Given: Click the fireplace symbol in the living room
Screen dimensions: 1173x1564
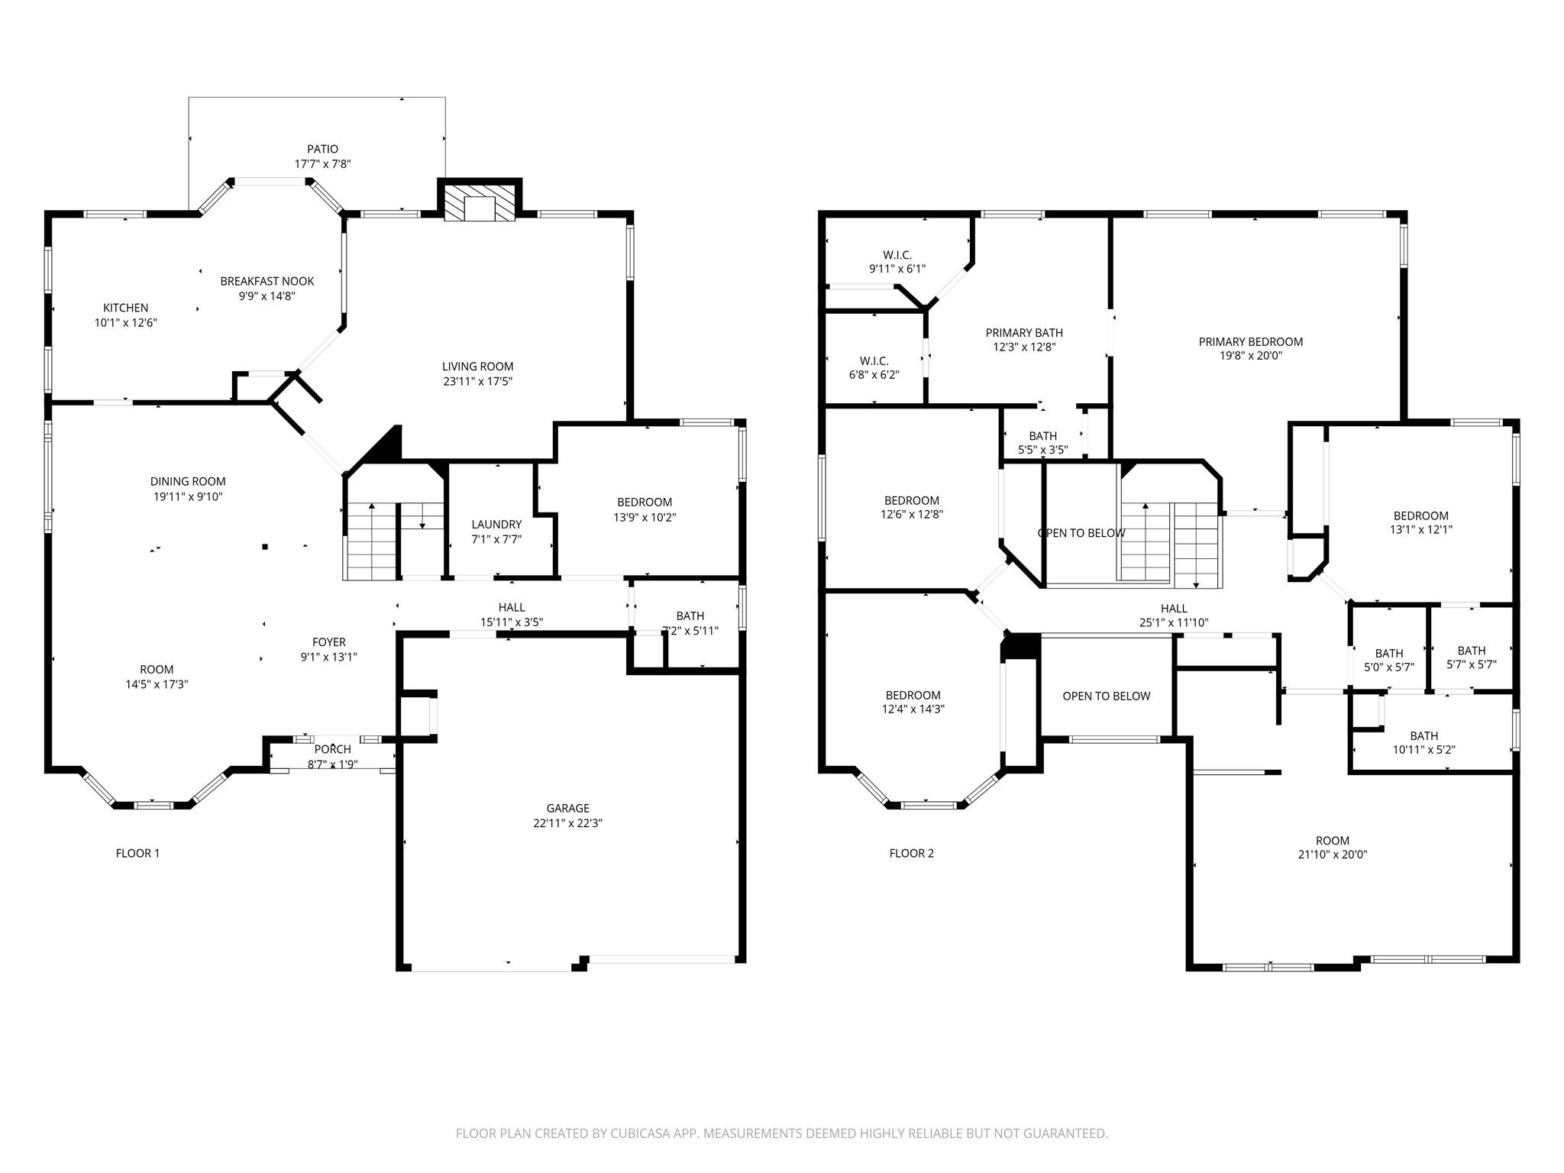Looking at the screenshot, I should pyautogui.click(x=480, y=203).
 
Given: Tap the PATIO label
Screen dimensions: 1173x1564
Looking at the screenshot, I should pyautogui.click(x=322, y=149).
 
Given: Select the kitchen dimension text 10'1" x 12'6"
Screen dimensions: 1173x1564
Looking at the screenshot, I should pyautogui.click(x=126, y=323).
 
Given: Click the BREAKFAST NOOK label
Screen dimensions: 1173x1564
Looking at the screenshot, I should pyautogui.click(x=267, y=281).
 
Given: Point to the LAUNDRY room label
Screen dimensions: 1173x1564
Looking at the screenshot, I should pyautogui.click(x=496, y=524).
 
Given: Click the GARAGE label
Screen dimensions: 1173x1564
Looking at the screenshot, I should pyautogui.click(x=567, y=808).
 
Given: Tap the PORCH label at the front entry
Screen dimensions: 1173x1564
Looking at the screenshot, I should pyautogui.click(x=333, y=749).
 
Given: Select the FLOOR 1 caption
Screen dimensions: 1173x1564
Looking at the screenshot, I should pyautogui.click(x=137, y=853).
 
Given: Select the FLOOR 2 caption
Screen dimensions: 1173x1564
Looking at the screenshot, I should pyautogui.click(x=911, y=853).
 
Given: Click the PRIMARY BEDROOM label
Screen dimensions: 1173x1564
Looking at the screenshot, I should pyautogui.click(x=1250, y=341).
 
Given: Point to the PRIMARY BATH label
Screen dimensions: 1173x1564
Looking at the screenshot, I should pyautogui.click(x=1023, y=332).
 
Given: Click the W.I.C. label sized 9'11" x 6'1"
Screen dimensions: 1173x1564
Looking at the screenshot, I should pyautogui.click(x=897, y=255).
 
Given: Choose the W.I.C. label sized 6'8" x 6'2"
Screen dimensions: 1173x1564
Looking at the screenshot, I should pyautogui.click(x=874, y=360).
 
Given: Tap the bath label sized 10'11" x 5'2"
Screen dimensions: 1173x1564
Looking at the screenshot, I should pyautogui.click(x=1423, y=735).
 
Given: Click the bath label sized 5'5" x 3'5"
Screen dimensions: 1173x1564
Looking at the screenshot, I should pyautogui.click(x=1042, y=436).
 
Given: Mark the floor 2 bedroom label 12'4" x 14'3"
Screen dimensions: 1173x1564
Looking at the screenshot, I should pyautogui.click(x=913, y=695).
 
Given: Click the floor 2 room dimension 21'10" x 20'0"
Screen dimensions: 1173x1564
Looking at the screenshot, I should pyautogui.click(x=1333, y=855).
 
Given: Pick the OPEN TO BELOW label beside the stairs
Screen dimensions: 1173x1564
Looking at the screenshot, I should pyautogui.click(x=1081, y=533).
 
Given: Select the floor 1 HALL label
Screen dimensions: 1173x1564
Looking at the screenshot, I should pyautogui.click(x=512, y=607).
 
